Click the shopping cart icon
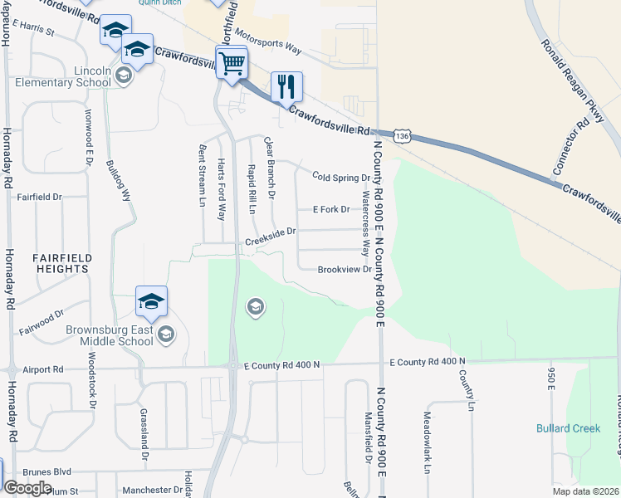[x=232, y=63]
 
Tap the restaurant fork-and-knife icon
[x=286, y=86]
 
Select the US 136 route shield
[x=402, y=135]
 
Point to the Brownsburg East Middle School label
[x=110, y=334]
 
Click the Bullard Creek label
[x=568, y=428]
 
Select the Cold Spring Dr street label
[x=340, y=178]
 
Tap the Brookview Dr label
[x=344, y=269]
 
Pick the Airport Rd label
[x=43, y=369]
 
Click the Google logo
[x=27, y=487]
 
